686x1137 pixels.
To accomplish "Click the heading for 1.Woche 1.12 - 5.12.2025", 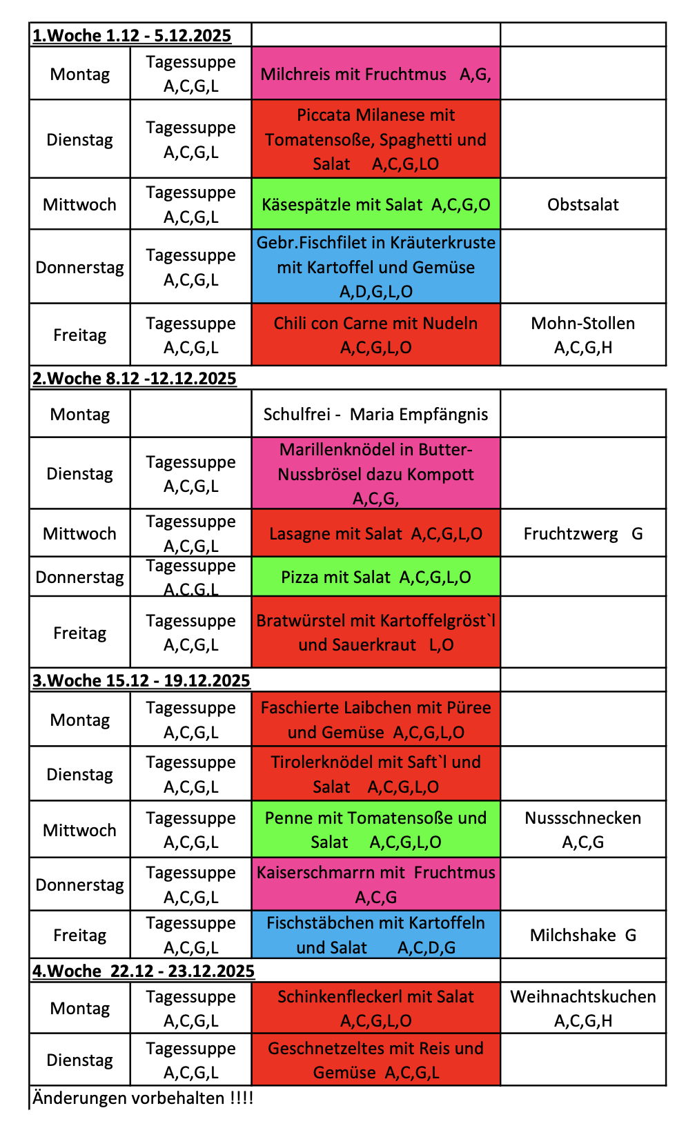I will (132, 36).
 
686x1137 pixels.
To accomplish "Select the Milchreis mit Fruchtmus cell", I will (375, 75).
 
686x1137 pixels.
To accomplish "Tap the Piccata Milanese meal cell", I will (375, 139).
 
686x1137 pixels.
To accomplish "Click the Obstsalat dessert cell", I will (582, 205).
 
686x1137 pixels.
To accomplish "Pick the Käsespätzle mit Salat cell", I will (375, 205).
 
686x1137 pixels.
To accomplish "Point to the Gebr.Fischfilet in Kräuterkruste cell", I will (375, 267).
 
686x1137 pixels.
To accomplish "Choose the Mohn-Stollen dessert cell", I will (582, 335).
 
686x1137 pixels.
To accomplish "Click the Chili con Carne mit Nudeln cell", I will (375, 335).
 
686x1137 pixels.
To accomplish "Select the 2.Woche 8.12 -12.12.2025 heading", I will (135, 379).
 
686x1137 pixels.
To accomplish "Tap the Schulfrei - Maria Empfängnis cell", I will (375, 415).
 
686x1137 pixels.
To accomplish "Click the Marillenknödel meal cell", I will (375, 474).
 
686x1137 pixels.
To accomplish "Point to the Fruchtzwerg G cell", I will (582, 534).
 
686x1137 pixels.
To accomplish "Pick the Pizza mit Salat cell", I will (375, 577).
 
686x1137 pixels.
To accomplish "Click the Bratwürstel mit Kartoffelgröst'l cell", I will (375, 633).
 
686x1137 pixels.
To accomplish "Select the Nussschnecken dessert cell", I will (582, 830).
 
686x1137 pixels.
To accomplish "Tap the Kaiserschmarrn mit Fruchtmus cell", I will (375, 885).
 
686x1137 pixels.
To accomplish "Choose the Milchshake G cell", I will (582, 936).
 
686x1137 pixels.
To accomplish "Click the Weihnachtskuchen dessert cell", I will (582, 1009).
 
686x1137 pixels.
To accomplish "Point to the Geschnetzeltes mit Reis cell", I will (375, 1060).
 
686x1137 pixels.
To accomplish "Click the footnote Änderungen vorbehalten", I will (143, 1098).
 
